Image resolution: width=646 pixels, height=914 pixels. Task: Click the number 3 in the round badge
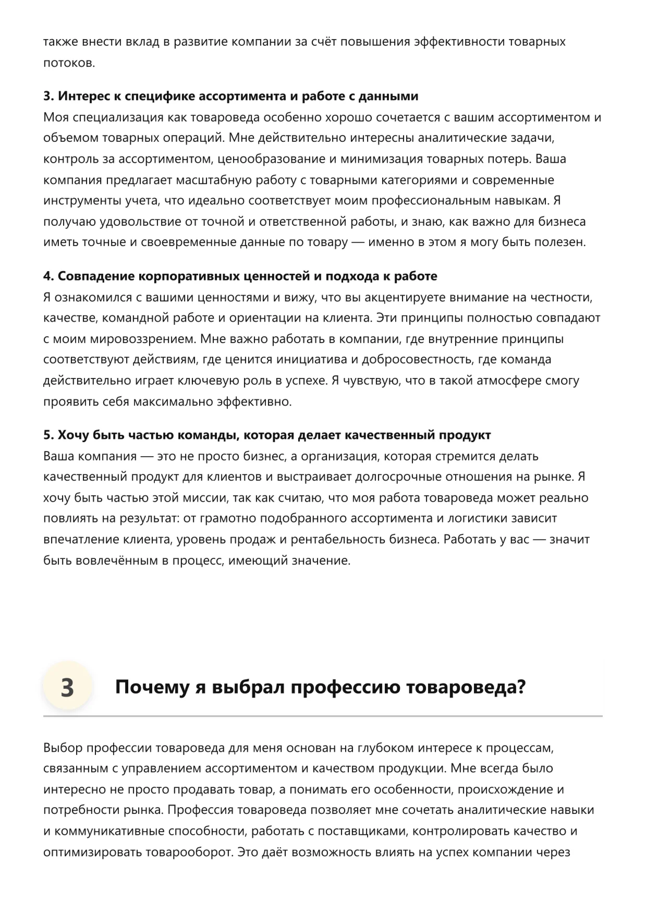click(x=67, y=687)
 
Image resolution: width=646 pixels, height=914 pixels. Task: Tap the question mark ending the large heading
click(x=520, y=687)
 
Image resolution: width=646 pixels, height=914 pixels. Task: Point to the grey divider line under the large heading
click(x=323, y=716)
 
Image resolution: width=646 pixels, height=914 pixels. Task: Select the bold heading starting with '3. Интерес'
click(x=230, y=96)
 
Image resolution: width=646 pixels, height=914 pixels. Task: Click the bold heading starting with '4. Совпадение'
click(x=240, y=276)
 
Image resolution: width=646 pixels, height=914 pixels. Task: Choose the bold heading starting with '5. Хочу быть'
click(x=267, y=435)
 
